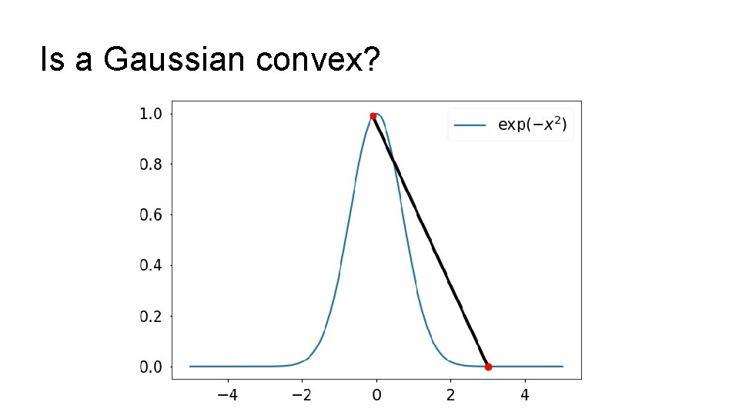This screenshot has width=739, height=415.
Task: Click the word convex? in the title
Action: pyautogui.click(x=319, y=59)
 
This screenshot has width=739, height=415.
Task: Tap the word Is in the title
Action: pyautogui.click(x=52, y=59)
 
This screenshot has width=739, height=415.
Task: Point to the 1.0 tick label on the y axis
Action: pyautogui.click(x=150, y=114)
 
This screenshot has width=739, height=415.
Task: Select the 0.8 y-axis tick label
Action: pyautogui.click(x=150, y=164)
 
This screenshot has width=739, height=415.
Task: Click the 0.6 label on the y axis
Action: pyautogui.click(x=150, y=215)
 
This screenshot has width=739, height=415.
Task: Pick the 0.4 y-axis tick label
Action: pyautogui.click(x=150, y=266)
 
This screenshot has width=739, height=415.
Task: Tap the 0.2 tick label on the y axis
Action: pyautogui.click(x=150, y=317)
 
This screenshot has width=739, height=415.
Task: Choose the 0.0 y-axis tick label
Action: pyautogui.click(x=150, y=367)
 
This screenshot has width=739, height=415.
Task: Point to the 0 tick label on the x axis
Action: pyautogui.click(x=376, y=396)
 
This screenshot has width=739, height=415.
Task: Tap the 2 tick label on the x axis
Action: pyautogui.click(x=451, y=396)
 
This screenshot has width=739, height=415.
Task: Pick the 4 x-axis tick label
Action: pyautogui.click(x=525, y=396)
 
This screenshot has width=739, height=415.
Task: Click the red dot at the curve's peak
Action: pyautogui.click(x=373, y=116)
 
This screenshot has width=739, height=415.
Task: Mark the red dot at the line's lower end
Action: pyautogui.click(x=488, y=367)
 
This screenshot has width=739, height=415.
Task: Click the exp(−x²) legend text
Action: pyautogui.click(x=532, y=124)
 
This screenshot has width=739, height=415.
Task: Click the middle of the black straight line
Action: pyautogui.click(x=431, y=241)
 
